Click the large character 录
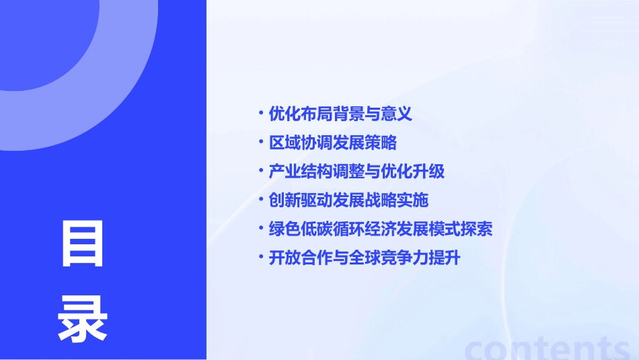pos(83,319)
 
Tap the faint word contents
pos(548,347)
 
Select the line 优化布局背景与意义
pos(340,114)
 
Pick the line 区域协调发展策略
pos(332,143)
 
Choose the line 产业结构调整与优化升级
pos(356,172)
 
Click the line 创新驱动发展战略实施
pos(348,201)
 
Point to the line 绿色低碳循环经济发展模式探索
pos(381,229)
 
